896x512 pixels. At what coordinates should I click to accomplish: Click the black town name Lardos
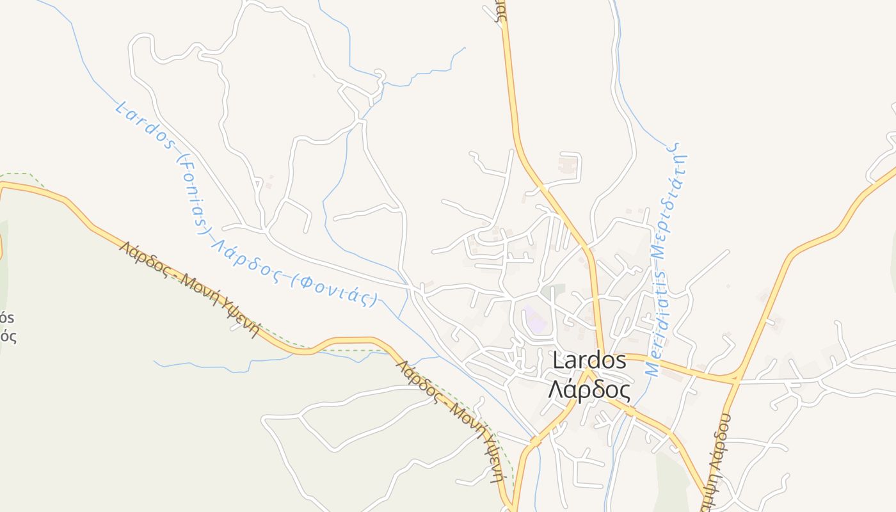[589, 361]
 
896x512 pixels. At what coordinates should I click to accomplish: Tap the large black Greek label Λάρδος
[589, 389]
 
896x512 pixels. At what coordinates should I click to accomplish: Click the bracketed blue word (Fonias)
[191, 195]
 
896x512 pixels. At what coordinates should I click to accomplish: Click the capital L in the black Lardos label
[558, 361]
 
